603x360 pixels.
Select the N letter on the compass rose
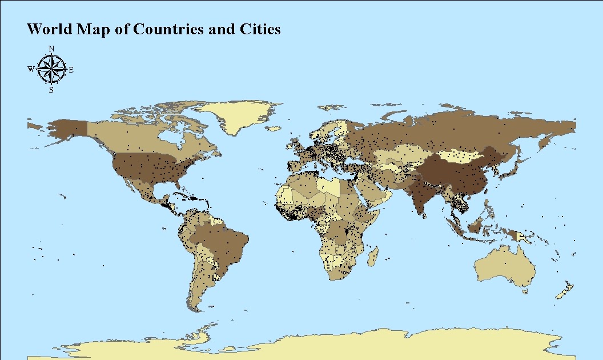51,49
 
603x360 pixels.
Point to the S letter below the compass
51,90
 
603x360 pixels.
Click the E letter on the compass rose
71,70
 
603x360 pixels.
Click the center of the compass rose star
51,70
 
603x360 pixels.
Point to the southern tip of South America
196,309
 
